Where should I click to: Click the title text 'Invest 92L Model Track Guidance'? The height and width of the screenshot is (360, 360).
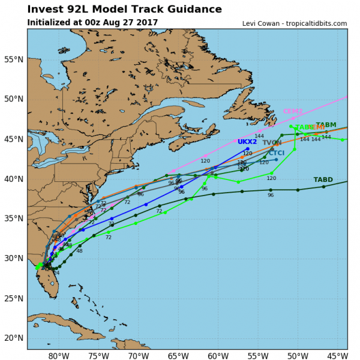pyautogui.click(x=125, y=10)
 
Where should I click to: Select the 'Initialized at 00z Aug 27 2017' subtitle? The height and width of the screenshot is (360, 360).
pyautogui.click(x=92, y=22)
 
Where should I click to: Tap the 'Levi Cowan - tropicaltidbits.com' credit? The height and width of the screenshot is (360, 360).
pyautogui.click(x=295, y=23)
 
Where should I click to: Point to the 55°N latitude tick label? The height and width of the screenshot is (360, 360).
pyautogui.click(x=13, y=59)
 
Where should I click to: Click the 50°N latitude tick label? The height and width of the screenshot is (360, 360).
pyautogui.click(x=13, y=99)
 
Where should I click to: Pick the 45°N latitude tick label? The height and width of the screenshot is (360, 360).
pyautogui.click(x=13, y=139)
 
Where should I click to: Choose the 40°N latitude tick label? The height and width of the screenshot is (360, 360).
pyautogui.click(x=13, y=179)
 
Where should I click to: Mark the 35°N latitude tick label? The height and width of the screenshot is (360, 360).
pyautogui.click(x=13, y=218)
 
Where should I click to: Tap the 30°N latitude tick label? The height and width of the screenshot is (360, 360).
pyautogui.click(x=13, y=259)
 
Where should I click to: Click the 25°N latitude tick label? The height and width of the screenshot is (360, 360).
pyautogui.click(x=13, y=298)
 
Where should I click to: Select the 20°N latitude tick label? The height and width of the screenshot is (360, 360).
pyautogui.click(x=13, y=338)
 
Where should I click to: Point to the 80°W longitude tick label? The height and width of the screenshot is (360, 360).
pyautogui.click(x=58, y=355)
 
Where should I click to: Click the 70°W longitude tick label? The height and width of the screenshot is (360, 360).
pyautogui.click(x=137, y=355)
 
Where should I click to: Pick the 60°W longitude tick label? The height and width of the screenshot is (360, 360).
pyautogui.click(x=217, y=355)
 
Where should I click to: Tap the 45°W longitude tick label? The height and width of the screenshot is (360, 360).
pyautogui.click(x=335, y=355)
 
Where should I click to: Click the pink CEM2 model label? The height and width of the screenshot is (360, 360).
pyautogui.click(x=293, y=112)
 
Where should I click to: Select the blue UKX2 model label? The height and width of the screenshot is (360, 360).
pyautogui.click(x=247, y=142)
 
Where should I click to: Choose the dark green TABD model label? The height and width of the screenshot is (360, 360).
pyautogui.click(x=323, y=180)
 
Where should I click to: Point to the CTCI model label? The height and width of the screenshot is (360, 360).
pyautogui.click(x=277, y=153)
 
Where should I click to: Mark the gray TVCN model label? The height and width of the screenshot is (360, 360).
pyautogui.click(x=272, y=143)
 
